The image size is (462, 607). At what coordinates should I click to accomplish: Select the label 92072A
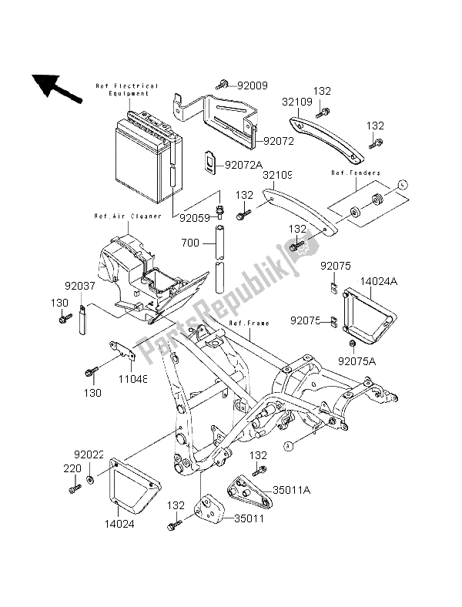(x=244, y=165)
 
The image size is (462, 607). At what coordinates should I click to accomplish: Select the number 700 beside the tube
(x=189, y=243)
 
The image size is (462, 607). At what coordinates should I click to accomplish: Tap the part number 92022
(x=89, y=454)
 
